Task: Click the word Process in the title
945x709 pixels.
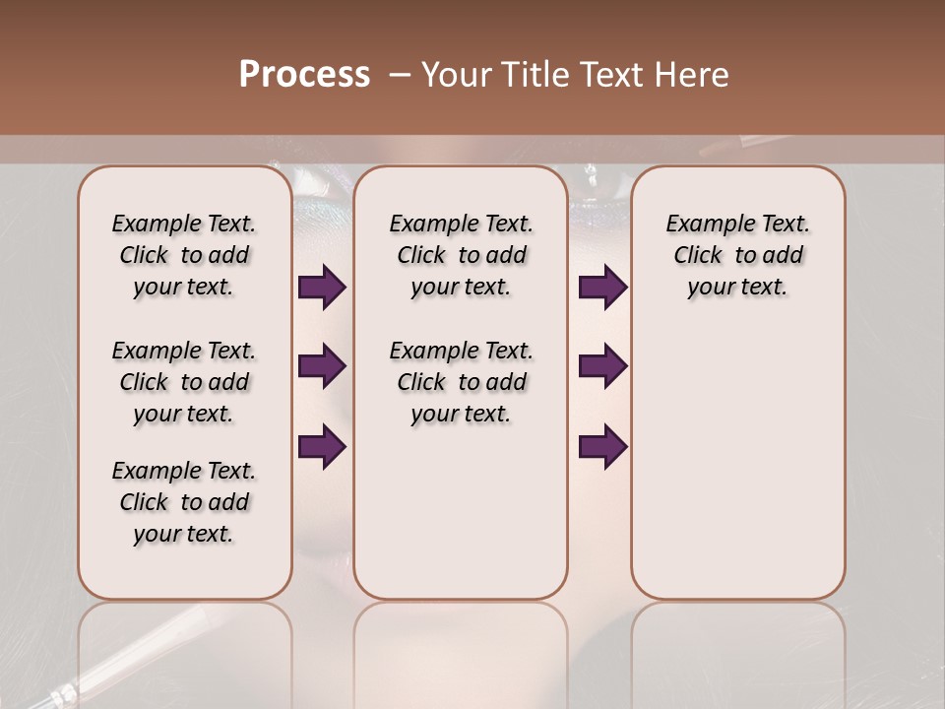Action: click(x=304, y=75)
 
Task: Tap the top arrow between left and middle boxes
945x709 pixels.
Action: click(x=322, y=287)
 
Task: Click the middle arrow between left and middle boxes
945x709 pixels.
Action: click(x=322, y=366)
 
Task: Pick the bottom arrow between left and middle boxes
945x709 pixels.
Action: click(x=322, y=446)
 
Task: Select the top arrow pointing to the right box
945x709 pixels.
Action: click(x=602, y=287)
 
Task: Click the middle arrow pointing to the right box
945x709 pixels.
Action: click(x=602, y=366)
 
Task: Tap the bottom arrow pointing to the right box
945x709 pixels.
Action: click(x=602, y=446)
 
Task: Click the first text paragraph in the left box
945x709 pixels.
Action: click(x=184, y=255)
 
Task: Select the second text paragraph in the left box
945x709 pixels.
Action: click(x=184, y=382)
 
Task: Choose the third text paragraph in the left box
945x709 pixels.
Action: click(x=184, y=502)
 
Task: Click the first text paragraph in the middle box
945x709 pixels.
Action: click(x=461, y=255)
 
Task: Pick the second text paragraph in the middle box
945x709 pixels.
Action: click(x=461, y=382)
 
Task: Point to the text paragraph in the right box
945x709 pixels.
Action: click(x=737, y=255)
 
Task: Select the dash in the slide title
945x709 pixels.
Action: click(x=399, y=75)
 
